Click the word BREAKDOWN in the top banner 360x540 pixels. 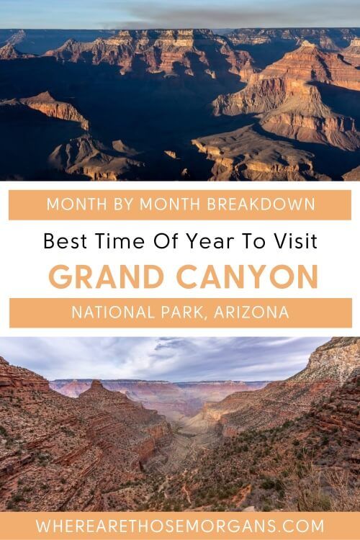point(261,204)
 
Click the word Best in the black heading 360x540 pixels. point(66,240)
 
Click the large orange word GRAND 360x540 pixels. point(107,276)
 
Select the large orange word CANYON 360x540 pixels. point(247,276)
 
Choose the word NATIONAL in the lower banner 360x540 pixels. point(113,312)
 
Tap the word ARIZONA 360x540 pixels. point(251,312)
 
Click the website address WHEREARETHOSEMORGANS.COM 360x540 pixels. point(180,526)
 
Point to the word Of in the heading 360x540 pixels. point(166,240)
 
